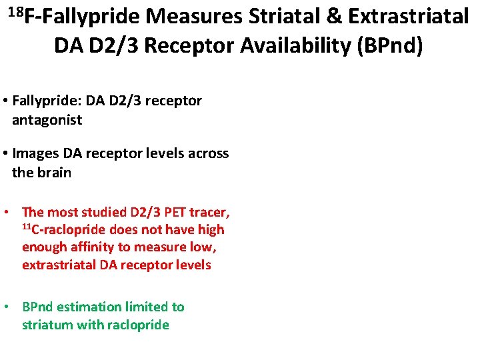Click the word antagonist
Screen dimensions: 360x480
(47, 120)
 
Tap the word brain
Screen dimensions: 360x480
(54, 173)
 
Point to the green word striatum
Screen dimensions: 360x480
(46, 325)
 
